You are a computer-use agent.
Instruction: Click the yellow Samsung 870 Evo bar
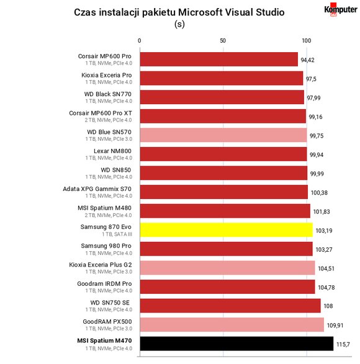[x=227, y=230]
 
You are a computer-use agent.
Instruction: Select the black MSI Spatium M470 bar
[x=236, y=344]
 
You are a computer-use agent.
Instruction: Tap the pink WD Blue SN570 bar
[x=223, y=135]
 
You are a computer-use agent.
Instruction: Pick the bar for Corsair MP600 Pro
[x=219, y=59]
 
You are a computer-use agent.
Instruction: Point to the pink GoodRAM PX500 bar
[x=232, y=324]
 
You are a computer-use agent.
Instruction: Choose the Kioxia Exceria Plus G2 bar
[x=228, y=268]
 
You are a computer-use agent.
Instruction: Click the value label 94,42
[x=307, y=60]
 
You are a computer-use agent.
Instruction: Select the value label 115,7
[x=343, y=345]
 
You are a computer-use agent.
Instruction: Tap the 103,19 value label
[x=324, y=231]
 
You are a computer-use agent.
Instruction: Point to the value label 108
[x=328, y=306]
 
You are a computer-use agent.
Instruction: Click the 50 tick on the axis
[x=223, y=41]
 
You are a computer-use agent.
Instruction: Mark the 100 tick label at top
[x=307, y=41]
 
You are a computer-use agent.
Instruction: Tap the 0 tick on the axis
[x=139, y=41]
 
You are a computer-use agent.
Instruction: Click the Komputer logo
[x=341, y=10]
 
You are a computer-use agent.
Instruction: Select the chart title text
[x=179, y=12]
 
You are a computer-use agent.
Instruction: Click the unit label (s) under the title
[x=179, y=24]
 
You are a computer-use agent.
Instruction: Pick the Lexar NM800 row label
[x=112, y=151]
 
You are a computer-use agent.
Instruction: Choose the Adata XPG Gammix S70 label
[x=97, y=189]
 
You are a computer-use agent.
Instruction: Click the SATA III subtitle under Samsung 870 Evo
[x=117, y=234]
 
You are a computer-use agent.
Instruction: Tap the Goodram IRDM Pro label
[x=104, y=283]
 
